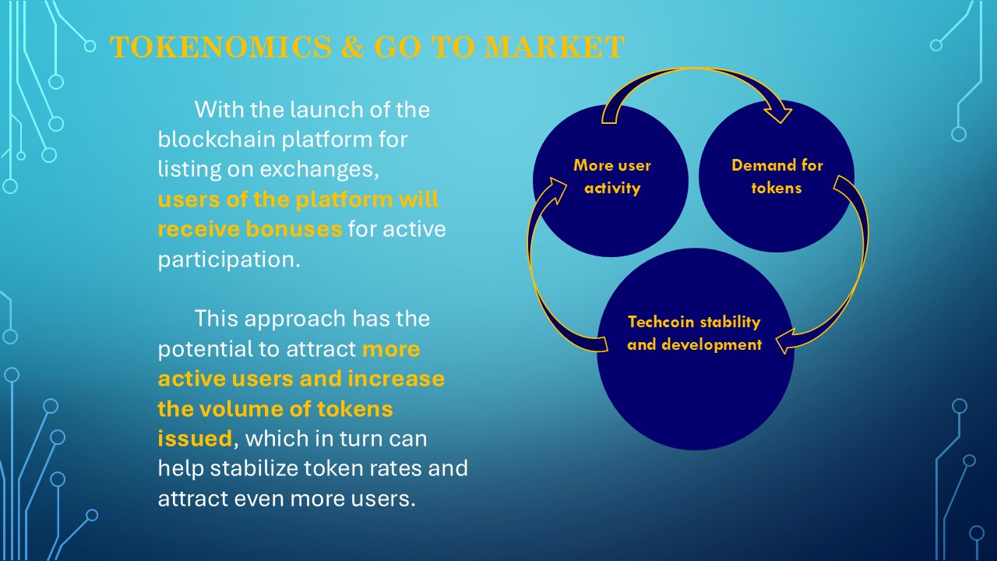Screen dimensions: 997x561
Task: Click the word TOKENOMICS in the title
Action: point(220,47)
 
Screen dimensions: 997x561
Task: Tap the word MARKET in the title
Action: point(554,47)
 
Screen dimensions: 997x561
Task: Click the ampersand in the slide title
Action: point(353,47)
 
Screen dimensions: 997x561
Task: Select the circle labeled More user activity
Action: point(611,181)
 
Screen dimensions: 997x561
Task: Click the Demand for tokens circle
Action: point(777,176)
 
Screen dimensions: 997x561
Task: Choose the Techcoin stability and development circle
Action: point(696,349)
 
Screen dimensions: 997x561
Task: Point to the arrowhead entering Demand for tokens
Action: point(778,113)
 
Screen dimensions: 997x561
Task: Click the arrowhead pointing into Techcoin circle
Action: point(786,341)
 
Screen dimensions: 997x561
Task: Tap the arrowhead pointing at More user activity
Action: point(556,189)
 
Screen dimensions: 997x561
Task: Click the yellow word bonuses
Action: point(294,229)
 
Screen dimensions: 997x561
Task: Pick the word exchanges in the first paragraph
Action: point(319,170)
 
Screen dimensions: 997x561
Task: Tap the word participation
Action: point(229,260)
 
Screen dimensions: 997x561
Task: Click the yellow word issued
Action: point(195,439)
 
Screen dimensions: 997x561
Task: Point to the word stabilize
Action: point(254,468)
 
